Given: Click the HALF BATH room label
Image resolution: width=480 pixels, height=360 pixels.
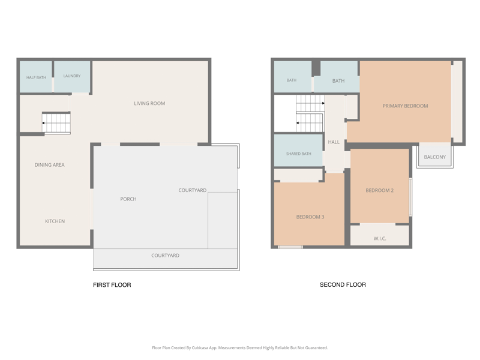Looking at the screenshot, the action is (x=36, y=77).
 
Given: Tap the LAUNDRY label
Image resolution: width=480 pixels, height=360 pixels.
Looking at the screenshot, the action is (x=72, y=76).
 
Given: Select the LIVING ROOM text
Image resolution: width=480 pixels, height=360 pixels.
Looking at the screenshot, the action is (x=149, y=103).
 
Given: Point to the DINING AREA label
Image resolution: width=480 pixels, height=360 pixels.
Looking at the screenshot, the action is (x=50, y=164).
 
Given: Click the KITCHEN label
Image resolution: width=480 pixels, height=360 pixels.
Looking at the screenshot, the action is (x=55, y=221).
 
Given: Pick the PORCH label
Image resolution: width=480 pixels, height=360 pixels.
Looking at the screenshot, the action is (x=128, y=199).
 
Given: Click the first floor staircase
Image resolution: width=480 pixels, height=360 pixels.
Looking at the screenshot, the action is (x=56, y=123).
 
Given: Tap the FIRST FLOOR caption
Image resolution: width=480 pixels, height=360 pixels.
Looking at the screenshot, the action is (x=112, y=285).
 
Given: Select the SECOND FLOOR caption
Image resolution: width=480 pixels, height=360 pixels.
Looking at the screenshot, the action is (x=343, y=284).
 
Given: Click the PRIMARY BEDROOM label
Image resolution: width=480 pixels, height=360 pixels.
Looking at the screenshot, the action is (x=406, y=106).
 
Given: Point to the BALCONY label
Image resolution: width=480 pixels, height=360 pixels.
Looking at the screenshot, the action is (x=434, y=157).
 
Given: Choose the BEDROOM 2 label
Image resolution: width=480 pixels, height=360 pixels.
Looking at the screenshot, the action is (x=380, y=190).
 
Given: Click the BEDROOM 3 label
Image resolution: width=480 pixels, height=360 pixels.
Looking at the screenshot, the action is (x=310, y=217).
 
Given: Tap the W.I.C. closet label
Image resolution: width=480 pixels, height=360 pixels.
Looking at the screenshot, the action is (x=380, y=238).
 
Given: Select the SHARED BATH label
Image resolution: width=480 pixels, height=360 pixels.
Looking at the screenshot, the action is (x=299, y=154).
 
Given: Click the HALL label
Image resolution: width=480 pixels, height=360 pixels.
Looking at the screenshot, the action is (x=334, y=142).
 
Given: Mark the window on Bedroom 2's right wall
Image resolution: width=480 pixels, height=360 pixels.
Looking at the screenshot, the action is (x=411, y=197).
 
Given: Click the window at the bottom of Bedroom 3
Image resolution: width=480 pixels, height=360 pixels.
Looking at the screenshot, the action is (x=290, y=247).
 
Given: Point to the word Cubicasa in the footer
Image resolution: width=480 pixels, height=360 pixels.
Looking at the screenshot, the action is (x=199, y=348).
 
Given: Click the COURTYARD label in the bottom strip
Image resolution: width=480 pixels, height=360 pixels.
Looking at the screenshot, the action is (x=166, y=256).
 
